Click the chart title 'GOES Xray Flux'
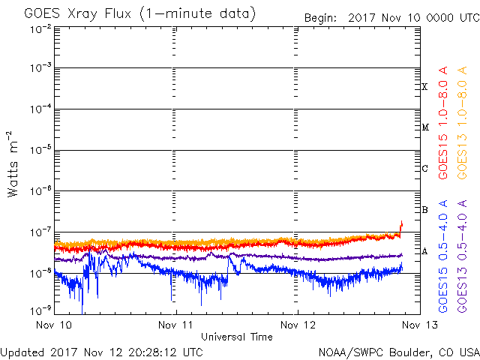(78, 13)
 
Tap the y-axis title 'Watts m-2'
(13, 164)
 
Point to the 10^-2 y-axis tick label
(40, 30)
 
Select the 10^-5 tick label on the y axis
(40, 150)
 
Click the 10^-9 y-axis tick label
(40, 311)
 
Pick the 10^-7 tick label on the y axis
(40, 232)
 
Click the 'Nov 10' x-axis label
(54, 325)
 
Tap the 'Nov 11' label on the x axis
(175, 325)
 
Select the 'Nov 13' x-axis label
(420, 325)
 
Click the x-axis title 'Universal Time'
(237, 337)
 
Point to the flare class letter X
(424, 87)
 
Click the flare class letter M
(425, 127)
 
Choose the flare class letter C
(424, 168)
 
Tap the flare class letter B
(424, 210)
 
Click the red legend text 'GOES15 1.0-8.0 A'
(443, 123)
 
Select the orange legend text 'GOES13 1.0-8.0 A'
(462, 123)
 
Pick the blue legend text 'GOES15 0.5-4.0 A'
(443, 256)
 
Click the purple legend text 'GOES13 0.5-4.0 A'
(462, 256)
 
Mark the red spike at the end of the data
(401, 228)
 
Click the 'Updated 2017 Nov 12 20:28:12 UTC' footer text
(102, 352)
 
